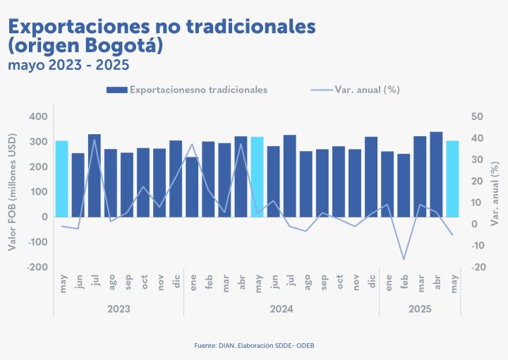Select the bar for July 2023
pos(95,175)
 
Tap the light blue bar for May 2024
pos(257,176)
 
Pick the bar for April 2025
pos(436,174)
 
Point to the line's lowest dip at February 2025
pos(404,259)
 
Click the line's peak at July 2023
pos(95,139)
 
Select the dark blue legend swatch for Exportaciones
pos(116,90)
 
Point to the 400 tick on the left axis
pos(39,116)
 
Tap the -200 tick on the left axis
pos(37,267)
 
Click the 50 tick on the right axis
pos(478,116)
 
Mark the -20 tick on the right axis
pos(478,267)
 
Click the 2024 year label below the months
pos(282,309)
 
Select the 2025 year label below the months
pos(420,309)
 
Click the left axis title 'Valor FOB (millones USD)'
pos(12,192)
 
